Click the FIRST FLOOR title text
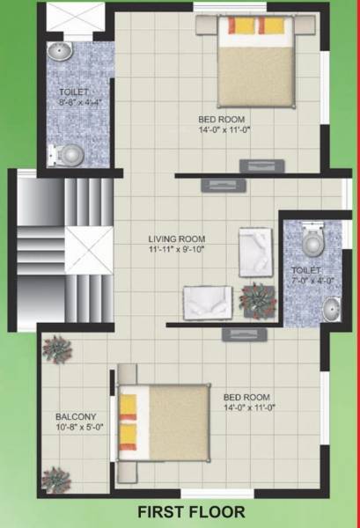190,510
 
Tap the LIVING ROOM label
176,238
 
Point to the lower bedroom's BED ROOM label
246,396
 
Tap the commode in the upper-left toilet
69,155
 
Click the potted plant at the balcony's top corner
55,350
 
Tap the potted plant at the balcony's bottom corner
55,480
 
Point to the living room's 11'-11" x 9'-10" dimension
176,249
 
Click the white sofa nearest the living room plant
207,302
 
